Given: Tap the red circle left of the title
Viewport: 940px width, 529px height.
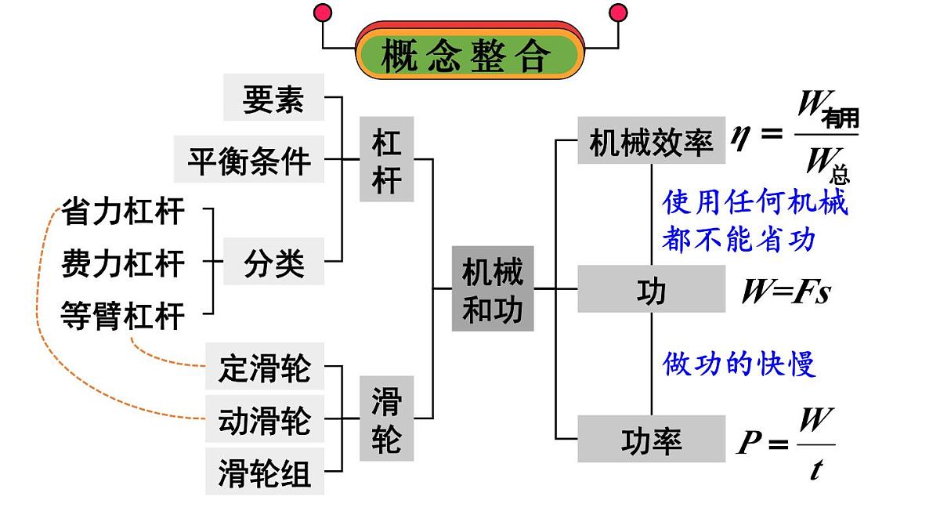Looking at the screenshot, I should pos(322,13).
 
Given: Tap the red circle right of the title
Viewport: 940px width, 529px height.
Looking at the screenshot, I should pos(618,13).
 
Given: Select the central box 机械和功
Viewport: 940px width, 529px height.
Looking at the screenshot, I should pos(492,288).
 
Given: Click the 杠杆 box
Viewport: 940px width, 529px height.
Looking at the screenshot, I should pos(387,159).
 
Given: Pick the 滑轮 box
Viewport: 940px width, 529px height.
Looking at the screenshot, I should pos(387,418).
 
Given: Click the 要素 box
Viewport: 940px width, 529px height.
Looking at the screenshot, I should pos(273,98).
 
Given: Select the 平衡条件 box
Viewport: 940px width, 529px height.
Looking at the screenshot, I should pos(249,160).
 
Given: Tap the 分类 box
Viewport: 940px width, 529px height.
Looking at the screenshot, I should pos(273,261).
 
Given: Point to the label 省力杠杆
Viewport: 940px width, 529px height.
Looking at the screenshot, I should pos(123,212).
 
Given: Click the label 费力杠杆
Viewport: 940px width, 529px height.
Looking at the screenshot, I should pos(123,263).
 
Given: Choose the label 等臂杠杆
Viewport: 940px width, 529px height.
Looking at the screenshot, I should pos(123,316).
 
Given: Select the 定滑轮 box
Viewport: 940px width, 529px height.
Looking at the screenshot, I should pos(265,367).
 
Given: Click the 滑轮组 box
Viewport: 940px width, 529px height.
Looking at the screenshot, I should pos(265,472).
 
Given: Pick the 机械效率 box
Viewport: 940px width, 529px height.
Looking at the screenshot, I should pos(651,141).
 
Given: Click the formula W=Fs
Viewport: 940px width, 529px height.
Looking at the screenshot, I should pos(786,292).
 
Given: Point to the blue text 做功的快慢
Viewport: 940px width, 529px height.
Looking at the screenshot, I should pos(739,364).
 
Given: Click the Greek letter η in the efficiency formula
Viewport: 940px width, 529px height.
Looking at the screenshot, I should pos(740,135).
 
